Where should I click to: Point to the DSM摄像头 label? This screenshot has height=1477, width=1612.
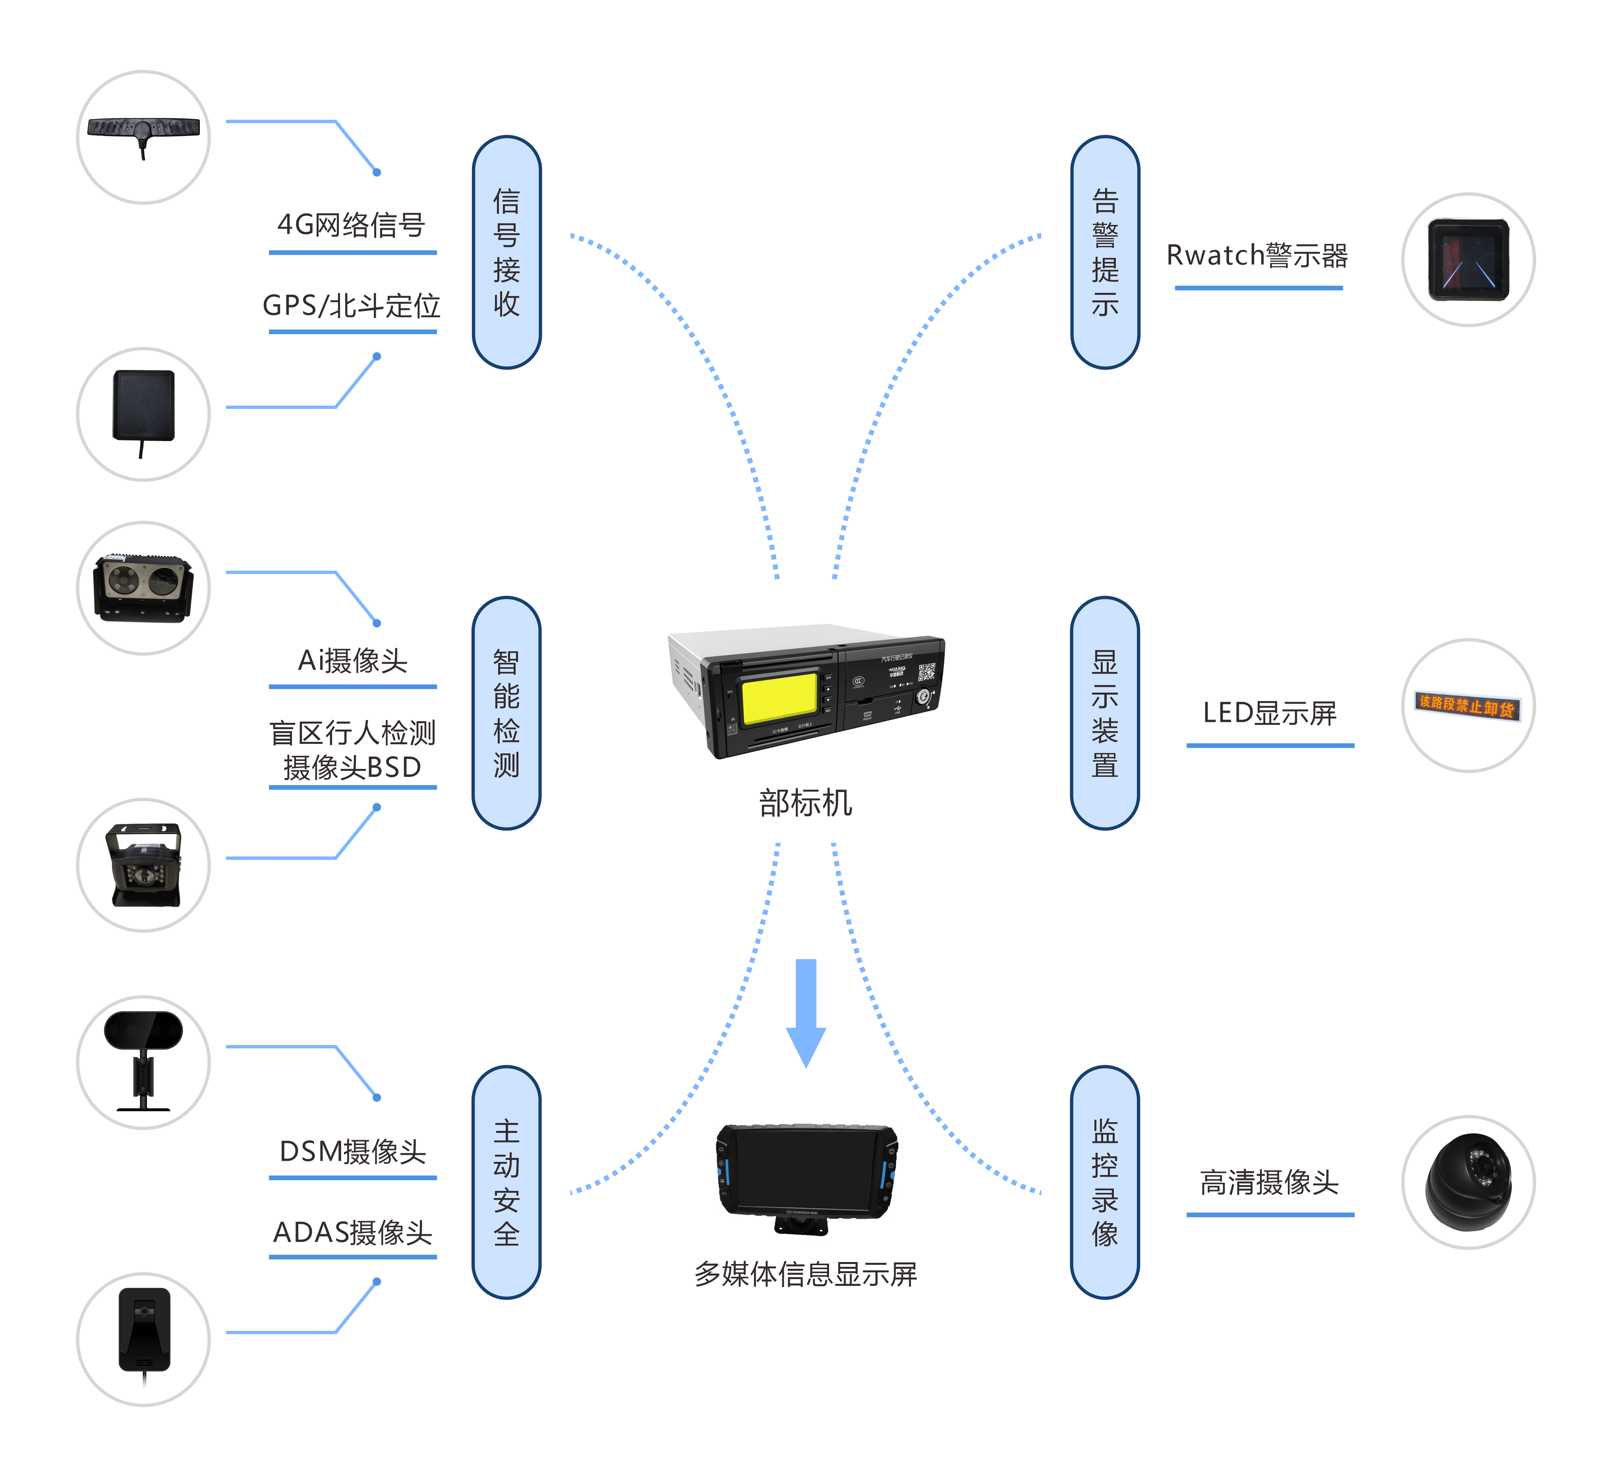352,1152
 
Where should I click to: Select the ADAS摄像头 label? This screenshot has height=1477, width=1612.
352,1232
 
